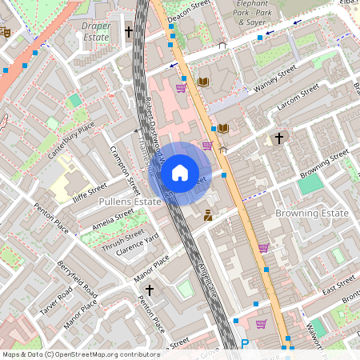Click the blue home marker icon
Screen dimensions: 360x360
(180, 173)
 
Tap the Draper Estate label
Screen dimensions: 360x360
(96, 31)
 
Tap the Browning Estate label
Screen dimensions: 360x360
(311, 214)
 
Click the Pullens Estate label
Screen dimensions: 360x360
(129, 203)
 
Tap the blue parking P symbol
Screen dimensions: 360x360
(245, 344)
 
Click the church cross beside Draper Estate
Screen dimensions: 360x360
(129, 32)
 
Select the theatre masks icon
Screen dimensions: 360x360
(6, 33)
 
